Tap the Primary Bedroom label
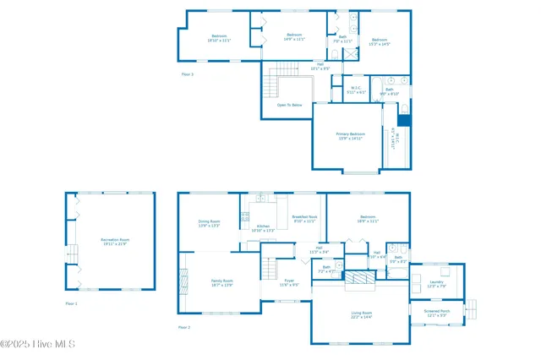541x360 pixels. pyautogui.click(x=351, y=136)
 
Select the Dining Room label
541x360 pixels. pyautogui.click(x=209, y=223)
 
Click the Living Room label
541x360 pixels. pyautogui.click(x=362, y=314)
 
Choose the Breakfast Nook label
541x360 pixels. pyautogui.click(x=304, y=219)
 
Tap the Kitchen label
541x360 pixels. pyautogui.click(x=263, y=227)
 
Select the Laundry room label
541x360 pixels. pyautogui.click(x=436, y=284)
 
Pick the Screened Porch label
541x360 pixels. pyautogui.click(x=437, y=313)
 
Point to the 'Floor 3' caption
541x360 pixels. pyautogui.click(x=188, y=74)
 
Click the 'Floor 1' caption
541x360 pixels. pyautogui.click(x=71, y=303)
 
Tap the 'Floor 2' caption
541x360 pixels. pyautogui.click(x=184, y=326)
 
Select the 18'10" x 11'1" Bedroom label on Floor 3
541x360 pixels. pyautogui.click(x=219, y=37)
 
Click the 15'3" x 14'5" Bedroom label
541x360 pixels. pyautogui.click(x=380, y=41)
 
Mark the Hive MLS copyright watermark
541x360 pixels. pyautogui.click(x=38, y=344)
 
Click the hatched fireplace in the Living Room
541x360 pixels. pyautogui.click(x=361, y=279)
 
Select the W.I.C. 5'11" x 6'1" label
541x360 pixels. pyautogui.click(x=357, y=90)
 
